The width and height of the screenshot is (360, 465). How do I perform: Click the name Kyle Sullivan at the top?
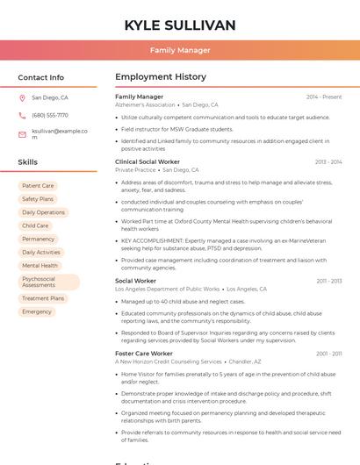click(180, 25)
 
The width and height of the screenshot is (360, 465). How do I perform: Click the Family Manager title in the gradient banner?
click(180, 50)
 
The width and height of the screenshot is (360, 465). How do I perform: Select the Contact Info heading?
click(40, 77)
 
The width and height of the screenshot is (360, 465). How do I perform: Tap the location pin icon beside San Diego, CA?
click(22, 98)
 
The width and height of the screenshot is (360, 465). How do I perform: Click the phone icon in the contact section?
click(22, 116)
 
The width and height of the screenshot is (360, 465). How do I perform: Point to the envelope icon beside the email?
click(22, 134)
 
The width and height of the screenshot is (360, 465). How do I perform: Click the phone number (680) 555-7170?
click(50, 116)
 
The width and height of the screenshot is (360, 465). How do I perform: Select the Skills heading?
click(27, 162)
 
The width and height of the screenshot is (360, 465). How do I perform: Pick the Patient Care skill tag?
click(38, 186)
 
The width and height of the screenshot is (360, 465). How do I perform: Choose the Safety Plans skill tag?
click(38, 199)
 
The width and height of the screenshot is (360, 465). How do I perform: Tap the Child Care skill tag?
click(35, 225)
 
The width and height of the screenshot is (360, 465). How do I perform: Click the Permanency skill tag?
click(38, 239)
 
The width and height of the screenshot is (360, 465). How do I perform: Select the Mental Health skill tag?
click(40, 266)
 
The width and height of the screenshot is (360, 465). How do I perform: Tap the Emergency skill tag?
click(37, 311)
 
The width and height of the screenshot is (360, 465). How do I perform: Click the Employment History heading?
click(161, 77)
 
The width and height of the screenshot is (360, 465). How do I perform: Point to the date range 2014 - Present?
click(324, 97)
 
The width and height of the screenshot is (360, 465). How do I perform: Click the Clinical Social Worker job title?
click(148, 162)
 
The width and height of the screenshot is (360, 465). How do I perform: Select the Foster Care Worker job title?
click(144, 354)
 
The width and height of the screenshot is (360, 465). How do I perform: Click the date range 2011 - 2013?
click(329, 282)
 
